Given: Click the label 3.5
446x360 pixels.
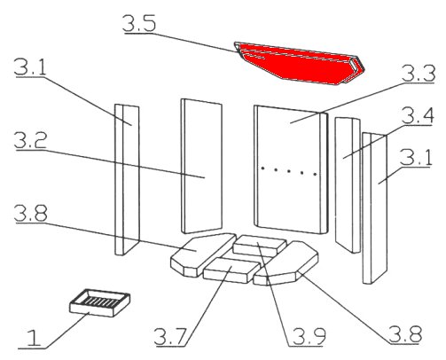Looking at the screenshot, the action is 139,23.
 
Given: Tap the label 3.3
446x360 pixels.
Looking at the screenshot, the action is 419,74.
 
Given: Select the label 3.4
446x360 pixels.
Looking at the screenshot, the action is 418,115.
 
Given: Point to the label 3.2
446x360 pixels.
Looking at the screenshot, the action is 30,141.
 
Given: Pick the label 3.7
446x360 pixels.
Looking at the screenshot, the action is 170,337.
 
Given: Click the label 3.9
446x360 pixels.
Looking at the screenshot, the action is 309,336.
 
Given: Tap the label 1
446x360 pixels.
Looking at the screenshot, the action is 34,339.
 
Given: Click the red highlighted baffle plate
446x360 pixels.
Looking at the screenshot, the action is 299,63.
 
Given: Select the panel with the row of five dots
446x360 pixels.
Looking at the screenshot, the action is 291,169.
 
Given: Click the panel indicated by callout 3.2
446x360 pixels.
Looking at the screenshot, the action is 201,166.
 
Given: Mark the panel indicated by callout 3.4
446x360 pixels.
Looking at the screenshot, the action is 348,184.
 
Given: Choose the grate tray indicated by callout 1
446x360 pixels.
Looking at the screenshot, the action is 100,302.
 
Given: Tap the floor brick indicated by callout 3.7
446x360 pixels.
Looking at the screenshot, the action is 231,270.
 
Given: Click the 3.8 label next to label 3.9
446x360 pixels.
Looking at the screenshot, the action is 405,334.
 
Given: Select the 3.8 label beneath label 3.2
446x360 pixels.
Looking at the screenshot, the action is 31,212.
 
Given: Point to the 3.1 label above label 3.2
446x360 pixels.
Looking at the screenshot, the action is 30,67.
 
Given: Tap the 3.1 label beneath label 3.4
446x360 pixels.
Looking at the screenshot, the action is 416,157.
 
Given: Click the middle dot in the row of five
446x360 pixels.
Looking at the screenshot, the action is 289,171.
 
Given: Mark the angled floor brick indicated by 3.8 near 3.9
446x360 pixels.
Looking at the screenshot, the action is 286,263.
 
